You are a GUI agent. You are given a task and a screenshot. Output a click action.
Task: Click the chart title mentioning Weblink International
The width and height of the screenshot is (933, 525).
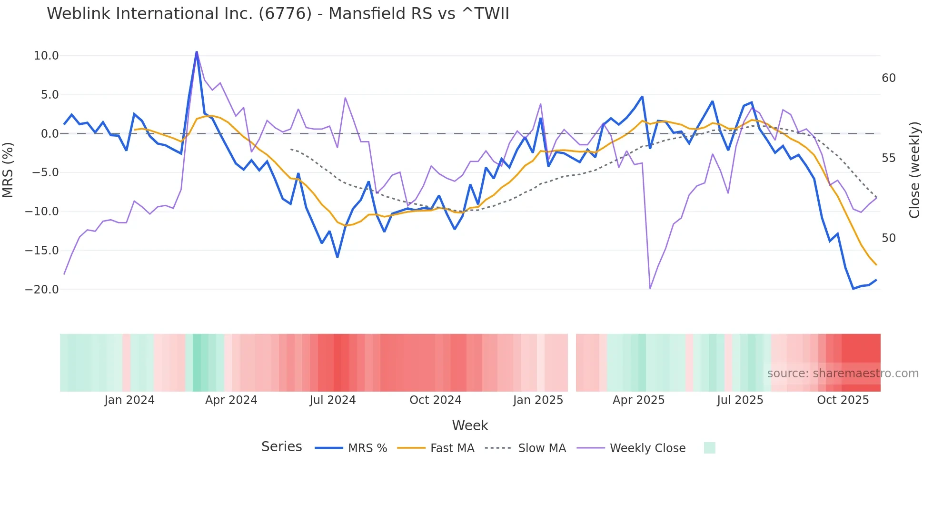pos(278,13)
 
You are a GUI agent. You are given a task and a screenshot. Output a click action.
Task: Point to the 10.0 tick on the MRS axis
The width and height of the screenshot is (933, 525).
pos(46,56)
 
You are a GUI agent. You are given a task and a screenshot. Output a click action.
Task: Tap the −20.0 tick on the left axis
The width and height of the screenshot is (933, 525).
pos(42,290)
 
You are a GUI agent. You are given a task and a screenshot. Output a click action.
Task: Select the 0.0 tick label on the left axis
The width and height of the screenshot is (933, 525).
pos(50,134)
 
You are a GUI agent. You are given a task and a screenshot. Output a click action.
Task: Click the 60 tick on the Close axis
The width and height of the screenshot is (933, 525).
pos(888,78)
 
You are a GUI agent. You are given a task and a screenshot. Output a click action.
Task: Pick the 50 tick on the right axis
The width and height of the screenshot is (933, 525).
pos(888,238)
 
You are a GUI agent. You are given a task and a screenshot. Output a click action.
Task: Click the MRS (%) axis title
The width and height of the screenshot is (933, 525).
pos(8,170)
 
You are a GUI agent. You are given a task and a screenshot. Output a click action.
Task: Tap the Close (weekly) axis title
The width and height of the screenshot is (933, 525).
pos(914,170)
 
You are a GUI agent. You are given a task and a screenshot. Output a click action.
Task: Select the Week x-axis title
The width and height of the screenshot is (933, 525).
pos(470,425)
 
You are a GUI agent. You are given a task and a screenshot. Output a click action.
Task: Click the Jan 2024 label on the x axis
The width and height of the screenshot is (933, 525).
pos(129,400)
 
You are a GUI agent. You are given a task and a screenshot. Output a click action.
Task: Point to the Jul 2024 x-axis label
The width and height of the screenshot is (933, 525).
pos(332,400)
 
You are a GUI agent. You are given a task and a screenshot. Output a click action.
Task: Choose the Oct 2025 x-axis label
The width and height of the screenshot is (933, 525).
pos(843,400)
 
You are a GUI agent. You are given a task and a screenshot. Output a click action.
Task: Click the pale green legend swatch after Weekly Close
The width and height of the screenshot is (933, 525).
pos(709,448)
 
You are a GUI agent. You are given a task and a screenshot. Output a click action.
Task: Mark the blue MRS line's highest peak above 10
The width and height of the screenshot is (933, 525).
pos(197,52)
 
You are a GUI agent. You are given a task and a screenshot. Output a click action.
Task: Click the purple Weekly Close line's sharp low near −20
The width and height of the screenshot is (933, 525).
pos(650,288)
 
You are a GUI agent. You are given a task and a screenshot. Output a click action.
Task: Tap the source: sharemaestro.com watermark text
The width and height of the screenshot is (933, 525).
pos(843,374)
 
